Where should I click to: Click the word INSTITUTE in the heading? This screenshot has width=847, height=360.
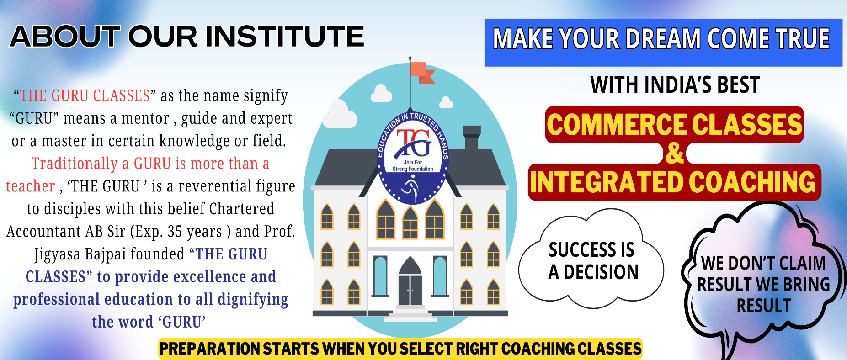pyautogui.click(x=285, y=36)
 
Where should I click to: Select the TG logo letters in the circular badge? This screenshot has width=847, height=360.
pyautogui.click(x=414, y=143)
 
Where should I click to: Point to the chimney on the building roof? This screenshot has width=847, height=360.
pyautogui.click(x=472, y=137)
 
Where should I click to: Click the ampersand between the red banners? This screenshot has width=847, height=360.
pyautogui.click(x=675, y=154)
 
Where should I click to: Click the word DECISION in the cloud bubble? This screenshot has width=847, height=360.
pyautogui.click(x=601, y=272)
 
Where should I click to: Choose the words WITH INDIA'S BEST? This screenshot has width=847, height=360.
pyautogui.click(x=675, y=85)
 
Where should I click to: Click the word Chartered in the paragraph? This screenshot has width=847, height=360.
pyautogui.click(x=242, y=209)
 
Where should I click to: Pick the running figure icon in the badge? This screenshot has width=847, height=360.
pyautogui.click(x=409, y=187)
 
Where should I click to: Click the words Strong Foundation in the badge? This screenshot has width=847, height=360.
pyautogui.click(x=413, y=169)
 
